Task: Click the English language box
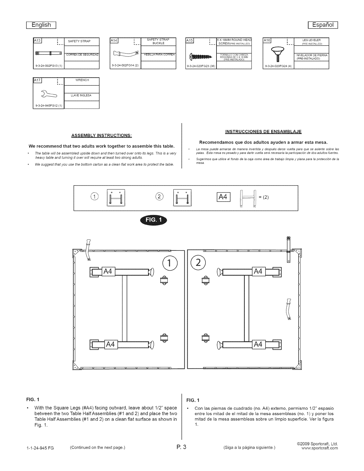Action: pyautogui.click(x=42, y=25)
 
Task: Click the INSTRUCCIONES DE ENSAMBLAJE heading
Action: pyautogui.click(x=263, y=131)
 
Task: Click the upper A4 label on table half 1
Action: pyautogui.click(x=108, y=272)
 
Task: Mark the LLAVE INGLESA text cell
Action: pyautogui.click(x=81, y=96)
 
